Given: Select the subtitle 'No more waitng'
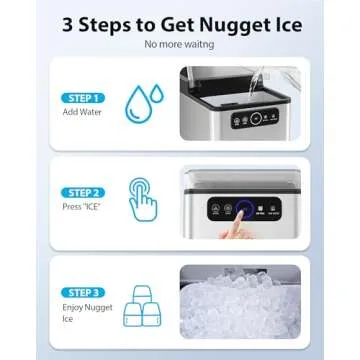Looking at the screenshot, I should (180, 44).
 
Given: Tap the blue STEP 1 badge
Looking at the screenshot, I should (80, 98).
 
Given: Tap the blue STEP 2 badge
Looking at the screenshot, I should (80, 192).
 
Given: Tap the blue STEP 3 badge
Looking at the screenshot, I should (80, 292).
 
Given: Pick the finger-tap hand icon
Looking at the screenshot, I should (144, 196).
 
